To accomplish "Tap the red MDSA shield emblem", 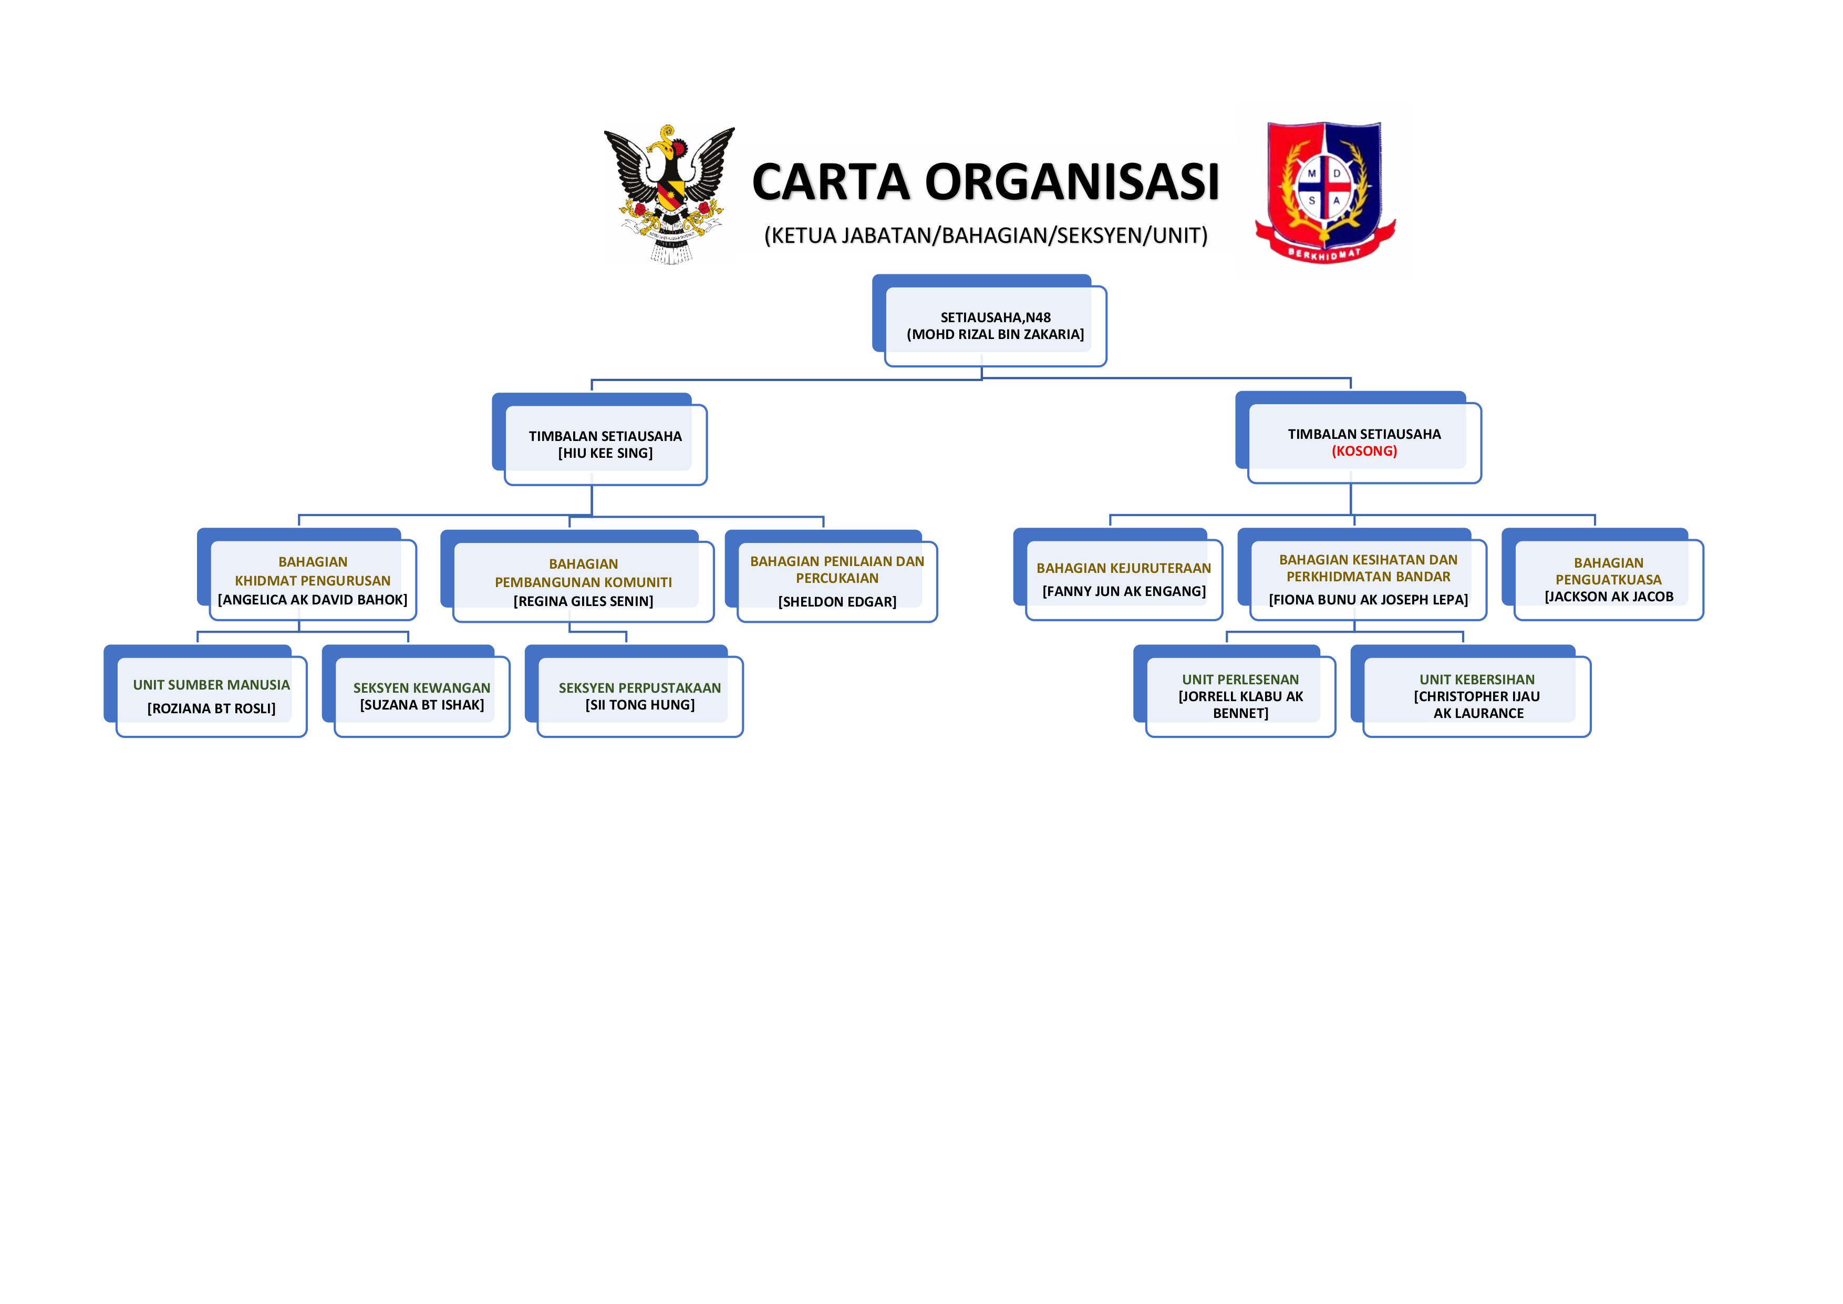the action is point(1326,193).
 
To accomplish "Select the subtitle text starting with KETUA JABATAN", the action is point(986,235).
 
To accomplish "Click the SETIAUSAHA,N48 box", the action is point(990,321).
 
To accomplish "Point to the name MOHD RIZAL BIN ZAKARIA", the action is point(996,334).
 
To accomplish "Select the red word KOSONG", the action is point(1364,451).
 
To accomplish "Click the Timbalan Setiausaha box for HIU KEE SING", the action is point(599,439).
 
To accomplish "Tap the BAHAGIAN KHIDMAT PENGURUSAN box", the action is point(307,574).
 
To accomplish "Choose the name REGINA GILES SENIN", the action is point(584,601).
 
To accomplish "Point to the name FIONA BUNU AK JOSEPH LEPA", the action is point(1369,600).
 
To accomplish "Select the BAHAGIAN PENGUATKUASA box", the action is point(1603,574).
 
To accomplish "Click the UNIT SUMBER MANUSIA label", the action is point(211,685).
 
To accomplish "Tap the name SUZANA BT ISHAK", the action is point(422,705).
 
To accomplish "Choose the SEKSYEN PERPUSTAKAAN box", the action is point(634,691).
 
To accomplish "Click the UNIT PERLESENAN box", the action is point(1235,691).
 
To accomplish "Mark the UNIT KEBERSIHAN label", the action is point(1477,679).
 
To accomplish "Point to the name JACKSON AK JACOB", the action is point(1609,597).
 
